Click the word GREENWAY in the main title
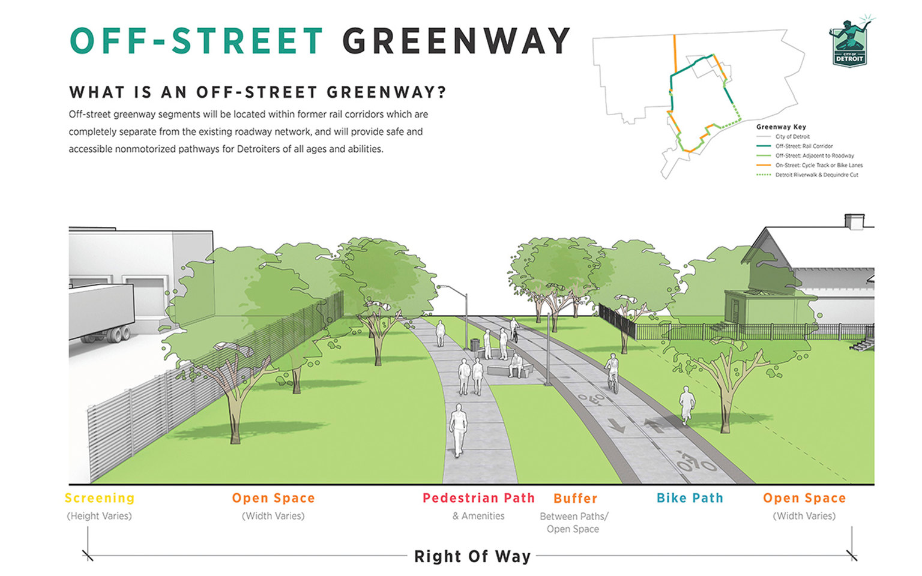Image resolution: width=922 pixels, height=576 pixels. point(456,41)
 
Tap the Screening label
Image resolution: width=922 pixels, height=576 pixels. point(100,498)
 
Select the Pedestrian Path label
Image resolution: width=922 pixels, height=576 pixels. point(478,498)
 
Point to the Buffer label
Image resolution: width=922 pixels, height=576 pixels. point(575,499)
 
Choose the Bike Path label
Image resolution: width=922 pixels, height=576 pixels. point(690,498)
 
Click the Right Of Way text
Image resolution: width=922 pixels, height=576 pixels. point(472,556)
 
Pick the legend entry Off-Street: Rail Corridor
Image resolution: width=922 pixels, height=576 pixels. point(804,146)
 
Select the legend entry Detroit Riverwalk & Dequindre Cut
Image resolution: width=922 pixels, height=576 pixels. point(816,175)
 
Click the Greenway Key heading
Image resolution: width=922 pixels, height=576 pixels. point(781,127)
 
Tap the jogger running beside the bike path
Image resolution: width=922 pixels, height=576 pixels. point(686,405)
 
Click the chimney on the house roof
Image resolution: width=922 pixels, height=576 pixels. point(854,221)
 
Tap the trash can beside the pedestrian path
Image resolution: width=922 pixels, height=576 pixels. point(475,345)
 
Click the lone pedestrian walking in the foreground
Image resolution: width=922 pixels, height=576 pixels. point(459,429)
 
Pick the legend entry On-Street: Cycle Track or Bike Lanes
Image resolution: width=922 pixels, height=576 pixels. point(819,165)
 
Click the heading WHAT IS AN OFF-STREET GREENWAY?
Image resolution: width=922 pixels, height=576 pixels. point(258,92)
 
